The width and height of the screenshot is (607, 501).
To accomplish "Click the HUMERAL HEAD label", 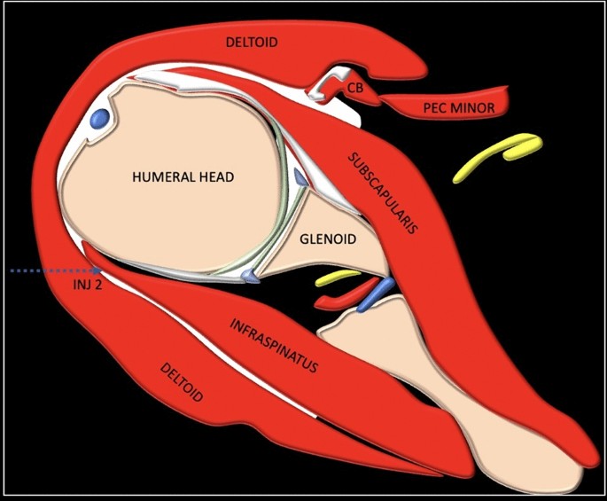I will (x=183, y=177).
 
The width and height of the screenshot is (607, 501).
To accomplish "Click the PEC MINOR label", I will (x=458, y=108).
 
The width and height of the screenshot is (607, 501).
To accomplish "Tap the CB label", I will (x=354, y=87).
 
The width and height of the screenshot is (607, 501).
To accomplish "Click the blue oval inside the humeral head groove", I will (x=99, y=117).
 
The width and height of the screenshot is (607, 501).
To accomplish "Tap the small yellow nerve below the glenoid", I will (x=335, y=279).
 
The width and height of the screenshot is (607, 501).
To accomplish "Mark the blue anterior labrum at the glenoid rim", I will (x=301, y=180).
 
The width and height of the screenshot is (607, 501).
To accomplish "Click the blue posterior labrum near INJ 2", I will (x=252, y=278).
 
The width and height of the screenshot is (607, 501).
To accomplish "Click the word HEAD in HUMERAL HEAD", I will (x=214, y=177).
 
